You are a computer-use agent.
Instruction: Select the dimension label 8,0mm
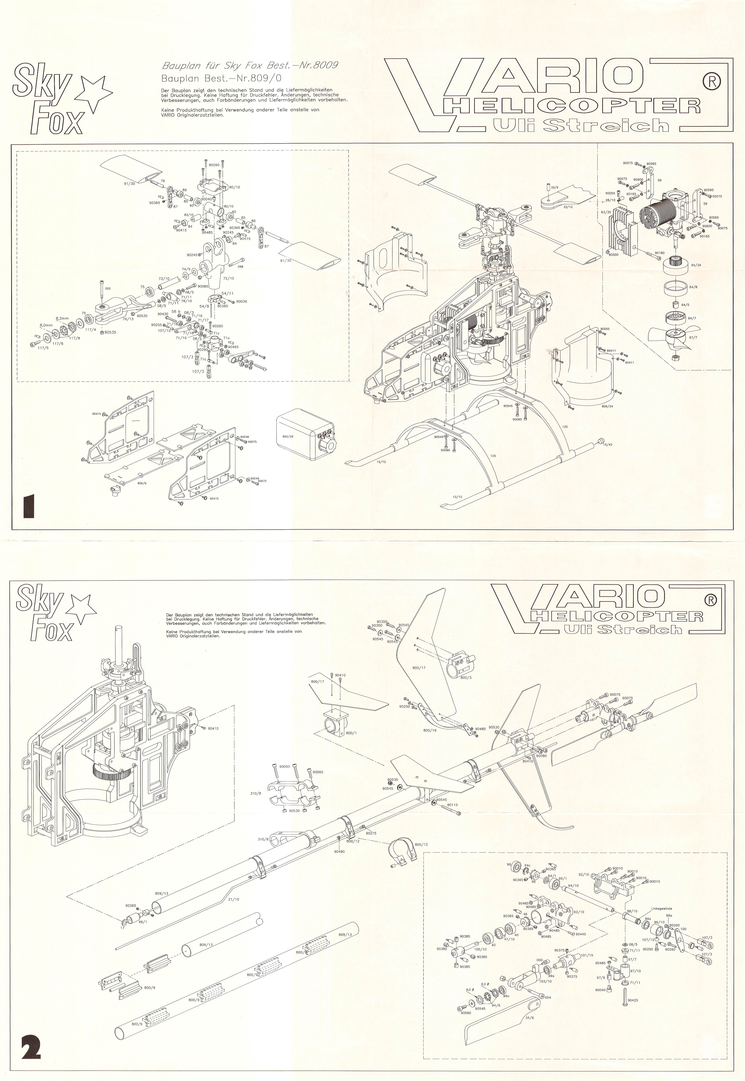[46, 324]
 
